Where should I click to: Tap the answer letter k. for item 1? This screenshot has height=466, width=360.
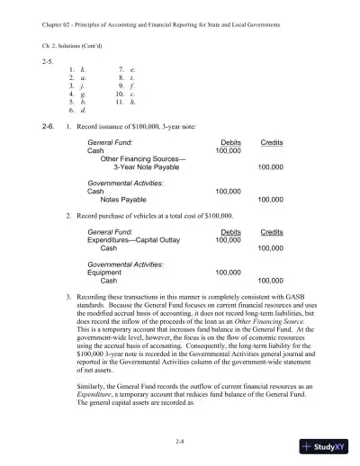click(x=83, y=68)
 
